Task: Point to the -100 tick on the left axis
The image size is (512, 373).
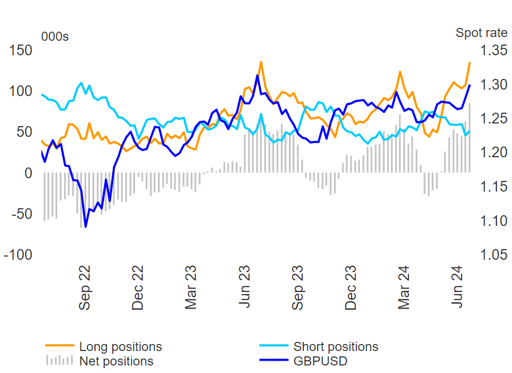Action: [x=17, y=255]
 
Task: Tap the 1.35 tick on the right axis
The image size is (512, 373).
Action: [x=493, y=51]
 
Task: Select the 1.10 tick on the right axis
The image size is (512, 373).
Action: [x=493, y=221]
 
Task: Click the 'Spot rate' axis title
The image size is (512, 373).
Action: [x=481, y=33]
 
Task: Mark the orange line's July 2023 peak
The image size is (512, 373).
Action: [x=261, y=62]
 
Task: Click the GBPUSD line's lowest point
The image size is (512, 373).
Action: [x=86, y=226]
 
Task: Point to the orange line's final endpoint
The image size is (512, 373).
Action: [x=470, y=62]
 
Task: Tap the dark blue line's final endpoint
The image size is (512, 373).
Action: [x=470, y=85]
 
